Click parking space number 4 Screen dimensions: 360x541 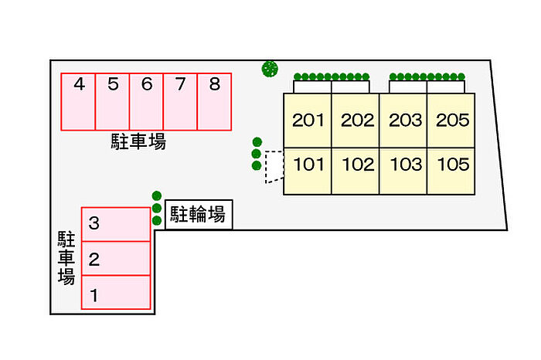point(78,101)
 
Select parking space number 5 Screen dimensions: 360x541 point(112,101)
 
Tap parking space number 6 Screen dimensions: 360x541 point(146,101)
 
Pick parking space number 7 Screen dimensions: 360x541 point(180,101)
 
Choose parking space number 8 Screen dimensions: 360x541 point(214,101)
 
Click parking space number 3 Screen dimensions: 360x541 point(116,225)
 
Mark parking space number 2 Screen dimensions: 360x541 point(116,259)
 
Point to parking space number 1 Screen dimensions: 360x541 point(116,293)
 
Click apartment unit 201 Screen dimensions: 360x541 point(308,120)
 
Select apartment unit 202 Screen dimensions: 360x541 point(356,120)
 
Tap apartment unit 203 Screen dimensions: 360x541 point(404,120)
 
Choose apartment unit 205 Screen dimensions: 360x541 point(452,120)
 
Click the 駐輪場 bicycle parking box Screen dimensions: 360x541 point(198,215)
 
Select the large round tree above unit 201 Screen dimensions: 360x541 point(270,70)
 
